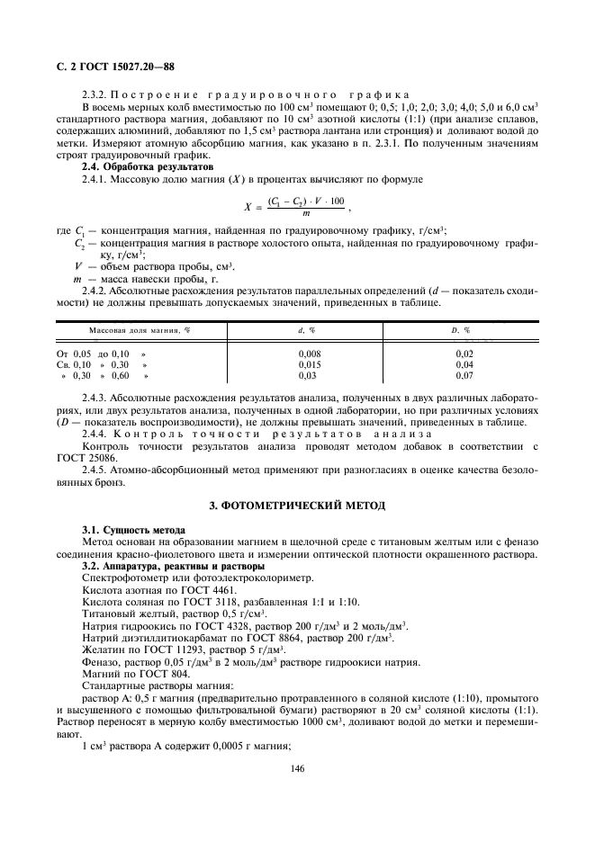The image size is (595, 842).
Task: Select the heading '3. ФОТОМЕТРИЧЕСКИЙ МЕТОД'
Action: pos(297,506)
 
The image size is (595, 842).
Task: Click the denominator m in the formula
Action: pos(306,213)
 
